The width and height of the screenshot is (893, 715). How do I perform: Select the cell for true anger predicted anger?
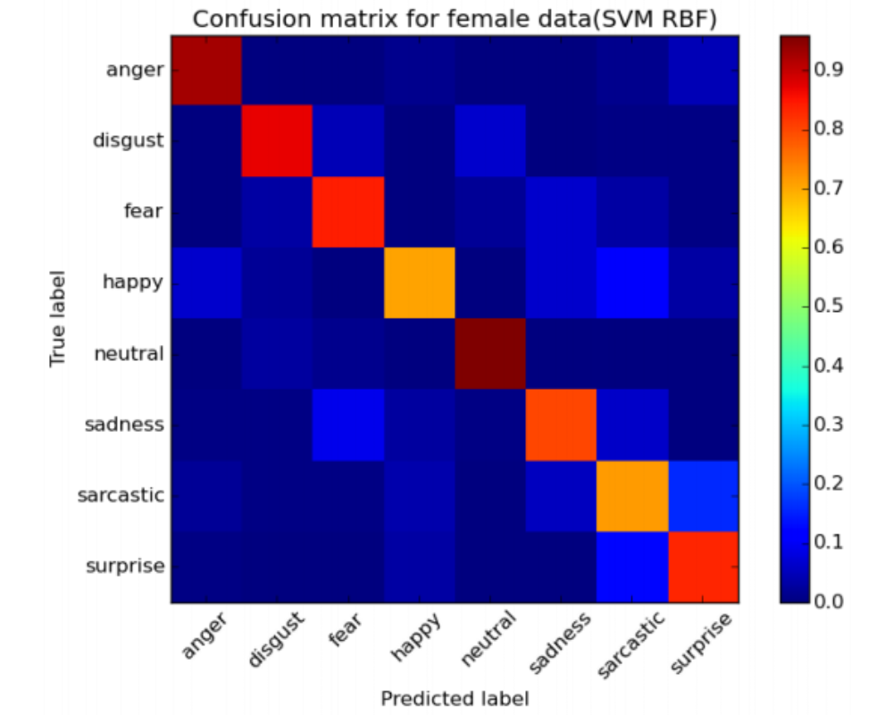pos(206,70)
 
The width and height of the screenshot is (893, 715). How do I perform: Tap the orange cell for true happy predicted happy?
pos(419,282)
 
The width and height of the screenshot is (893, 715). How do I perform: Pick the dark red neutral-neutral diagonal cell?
pos(490,353)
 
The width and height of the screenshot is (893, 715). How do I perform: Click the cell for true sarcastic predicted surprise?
pos(703,495)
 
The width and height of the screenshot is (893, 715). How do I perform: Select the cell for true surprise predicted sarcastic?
pos(632,567)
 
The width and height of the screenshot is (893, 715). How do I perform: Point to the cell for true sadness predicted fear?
pos(348,425)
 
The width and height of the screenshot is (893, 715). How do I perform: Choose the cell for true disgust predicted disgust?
pos(278,140)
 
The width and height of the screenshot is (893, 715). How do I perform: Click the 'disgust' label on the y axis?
pos(128,140)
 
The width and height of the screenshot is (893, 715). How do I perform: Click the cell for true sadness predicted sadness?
pos(561,425)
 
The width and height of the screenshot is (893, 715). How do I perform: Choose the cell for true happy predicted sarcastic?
pos(632,282)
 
